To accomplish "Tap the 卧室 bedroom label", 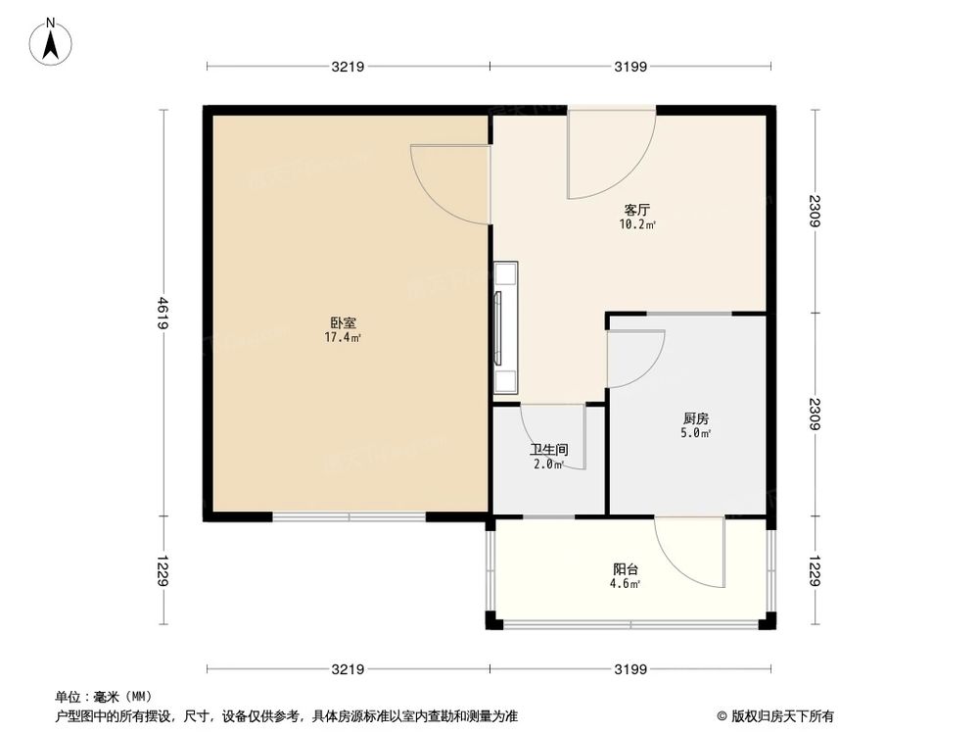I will tap(343, 321).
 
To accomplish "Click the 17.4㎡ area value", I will tap(343, 338).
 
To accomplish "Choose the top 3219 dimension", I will tap(348, 67).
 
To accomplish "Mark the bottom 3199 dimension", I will tap(631, 669).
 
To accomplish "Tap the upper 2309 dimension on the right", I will tap(815, 211).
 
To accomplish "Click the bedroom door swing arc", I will tap(445, 181).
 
